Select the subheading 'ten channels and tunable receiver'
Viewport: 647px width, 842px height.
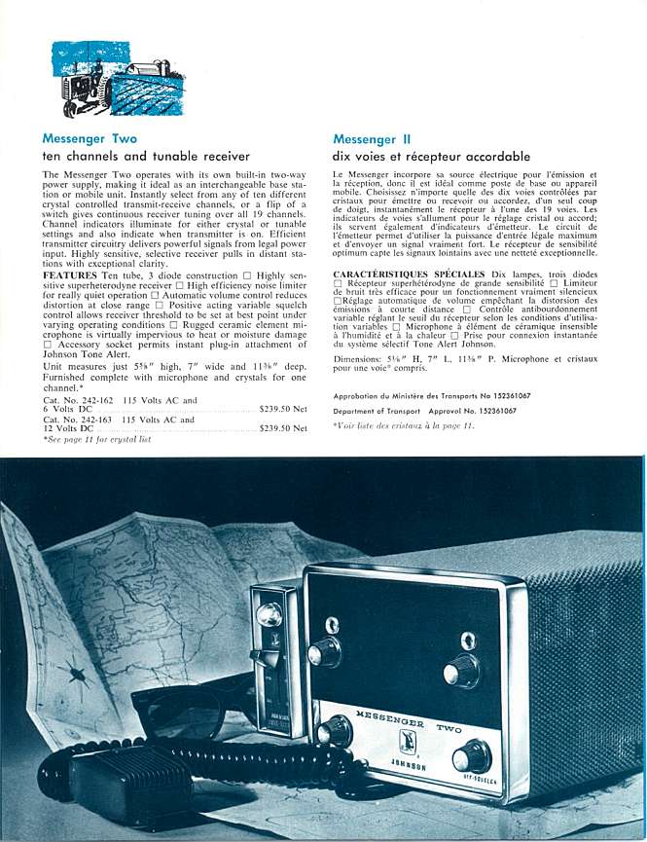coord(146,156)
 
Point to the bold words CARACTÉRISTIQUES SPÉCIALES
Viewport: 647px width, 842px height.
coord(410,275)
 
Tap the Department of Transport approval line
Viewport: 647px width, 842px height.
coord(424,411)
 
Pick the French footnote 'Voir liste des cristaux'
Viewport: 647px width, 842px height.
coord(403,425)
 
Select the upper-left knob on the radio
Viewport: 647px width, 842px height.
coord(325,651)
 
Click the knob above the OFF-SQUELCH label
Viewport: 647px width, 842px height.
coord(472,755)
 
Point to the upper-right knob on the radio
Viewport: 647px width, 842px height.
coord(462,669)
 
